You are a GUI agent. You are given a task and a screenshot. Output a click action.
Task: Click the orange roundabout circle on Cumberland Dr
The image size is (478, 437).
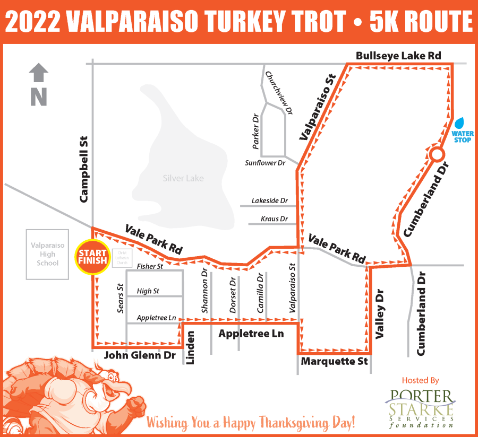436,154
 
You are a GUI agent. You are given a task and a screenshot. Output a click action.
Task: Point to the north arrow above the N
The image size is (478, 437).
38,73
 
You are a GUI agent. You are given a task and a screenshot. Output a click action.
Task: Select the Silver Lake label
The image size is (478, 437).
183,178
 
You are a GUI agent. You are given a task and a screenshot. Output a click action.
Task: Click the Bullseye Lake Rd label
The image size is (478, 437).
398,55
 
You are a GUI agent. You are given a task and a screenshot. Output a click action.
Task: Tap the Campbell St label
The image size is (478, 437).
83,169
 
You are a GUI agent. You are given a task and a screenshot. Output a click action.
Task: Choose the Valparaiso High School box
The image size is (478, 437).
48,255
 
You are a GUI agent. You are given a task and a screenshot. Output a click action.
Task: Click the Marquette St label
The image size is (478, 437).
334,362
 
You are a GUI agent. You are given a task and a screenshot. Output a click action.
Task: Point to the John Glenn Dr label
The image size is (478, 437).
140,355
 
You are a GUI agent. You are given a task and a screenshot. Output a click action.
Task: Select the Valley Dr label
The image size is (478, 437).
380,313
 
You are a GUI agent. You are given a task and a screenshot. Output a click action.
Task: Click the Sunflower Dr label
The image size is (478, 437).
265,163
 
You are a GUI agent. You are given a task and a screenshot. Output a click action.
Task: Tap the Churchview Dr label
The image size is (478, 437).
279,93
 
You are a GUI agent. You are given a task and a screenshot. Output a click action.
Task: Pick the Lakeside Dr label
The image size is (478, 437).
270,201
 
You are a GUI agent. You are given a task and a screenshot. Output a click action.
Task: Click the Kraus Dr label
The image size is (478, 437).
274,219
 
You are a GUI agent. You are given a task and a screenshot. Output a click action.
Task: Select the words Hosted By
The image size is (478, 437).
421,380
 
